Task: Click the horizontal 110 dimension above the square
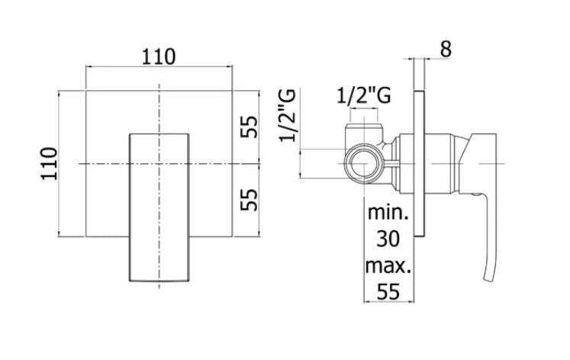[x=159, y=56]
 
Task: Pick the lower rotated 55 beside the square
[x=249, y=201]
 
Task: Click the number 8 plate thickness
[x=446, y=49]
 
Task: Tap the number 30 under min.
[x=389, y=240]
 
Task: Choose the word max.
[x=388, y=267]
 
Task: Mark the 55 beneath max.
[x=389, y=292]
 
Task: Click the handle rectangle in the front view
[x=159, y=206]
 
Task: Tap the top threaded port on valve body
[x=363, y=124]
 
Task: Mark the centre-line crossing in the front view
[x=159, y=163]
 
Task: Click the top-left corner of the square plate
[x=86, y=90]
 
